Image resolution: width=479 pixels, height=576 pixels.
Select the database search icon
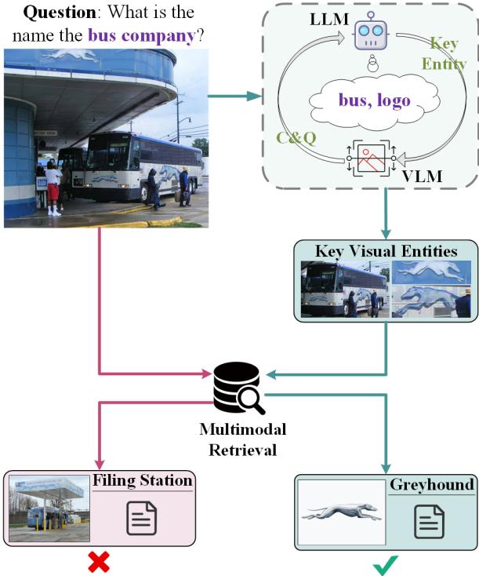coord(238,388)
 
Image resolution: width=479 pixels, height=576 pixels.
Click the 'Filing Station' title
coord(143,479)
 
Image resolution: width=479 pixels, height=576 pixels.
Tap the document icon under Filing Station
coord(142,518)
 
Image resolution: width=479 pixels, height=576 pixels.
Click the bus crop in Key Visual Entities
coord(343,289)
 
